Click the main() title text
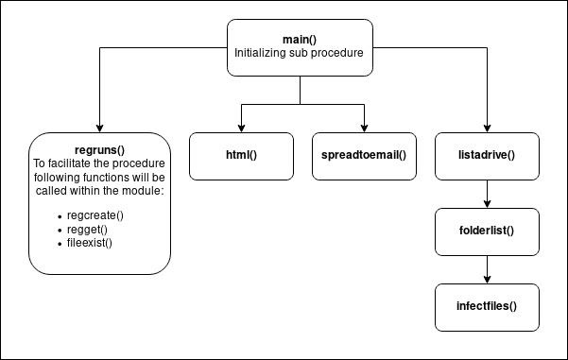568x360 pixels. pos(301,39)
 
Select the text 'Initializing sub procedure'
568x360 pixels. pos(301,54)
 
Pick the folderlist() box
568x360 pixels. pos(487,230)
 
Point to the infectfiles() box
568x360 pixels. pos(487,306)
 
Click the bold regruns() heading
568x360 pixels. pos(98,149)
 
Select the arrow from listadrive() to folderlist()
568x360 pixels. pos(487,195)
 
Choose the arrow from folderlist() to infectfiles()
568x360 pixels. pos(487,272)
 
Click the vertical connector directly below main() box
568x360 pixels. pos(301,89)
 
